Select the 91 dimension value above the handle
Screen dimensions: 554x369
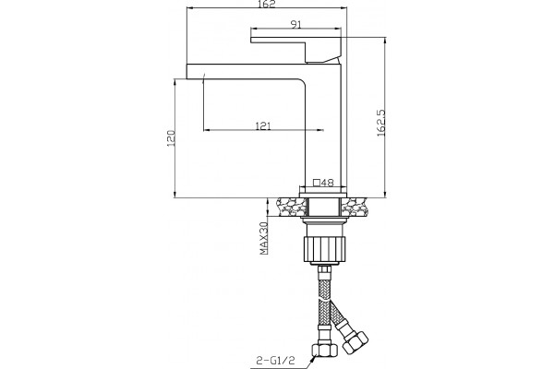click(295, 24)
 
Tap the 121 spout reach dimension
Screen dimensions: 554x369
click(263, 125)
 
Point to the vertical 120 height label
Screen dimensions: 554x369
click(171, 138)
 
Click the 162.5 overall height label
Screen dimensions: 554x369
click(380, 123)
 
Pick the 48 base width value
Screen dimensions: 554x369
click(328, 183)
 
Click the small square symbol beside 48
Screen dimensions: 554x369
click(317, 183)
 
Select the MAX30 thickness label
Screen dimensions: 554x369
click(264, 238)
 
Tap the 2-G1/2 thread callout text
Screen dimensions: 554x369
click(275, 361)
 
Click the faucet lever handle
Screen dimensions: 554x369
click(296, 48)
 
